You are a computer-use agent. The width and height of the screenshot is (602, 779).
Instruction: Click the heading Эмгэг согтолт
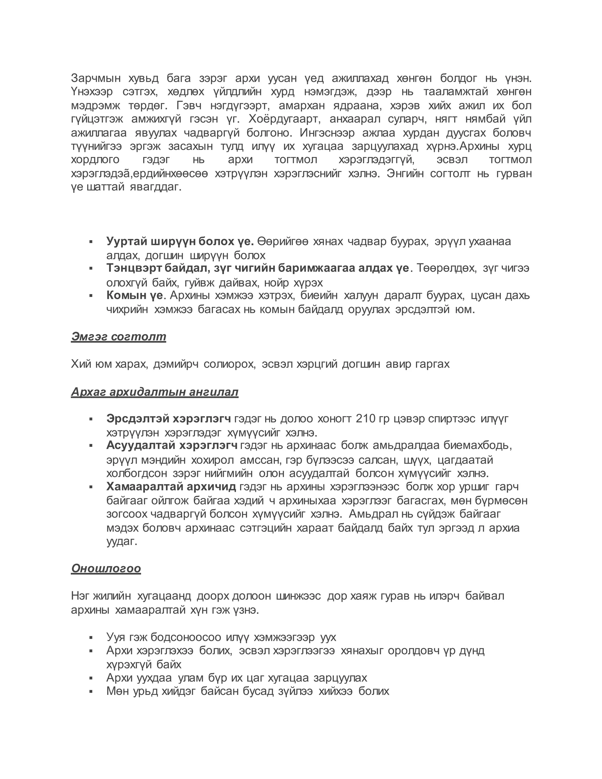pos(118,336)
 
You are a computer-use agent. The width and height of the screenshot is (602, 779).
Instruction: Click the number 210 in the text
pos(366,418)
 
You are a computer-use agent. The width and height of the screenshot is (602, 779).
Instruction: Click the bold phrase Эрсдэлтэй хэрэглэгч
pos(169,418)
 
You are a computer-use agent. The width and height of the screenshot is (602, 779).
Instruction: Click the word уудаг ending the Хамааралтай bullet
pos(121,541)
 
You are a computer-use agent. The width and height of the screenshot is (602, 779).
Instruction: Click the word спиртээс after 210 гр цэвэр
pos(452,418)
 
